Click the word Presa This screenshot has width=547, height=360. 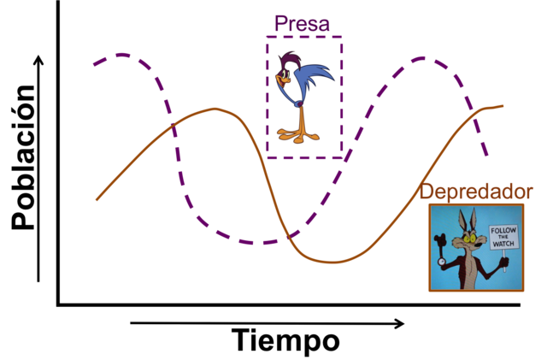pyautogui.click(x=302, y=24)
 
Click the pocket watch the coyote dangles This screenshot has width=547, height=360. pyautogui.click(x=442, y=257)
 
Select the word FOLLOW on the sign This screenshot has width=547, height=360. pyautogui.click(x=503, y=230)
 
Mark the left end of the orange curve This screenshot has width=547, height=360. pyautogui.click(x=95, y=200)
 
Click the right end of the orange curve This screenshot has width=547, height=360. pyautogui.click(x=504, y=106)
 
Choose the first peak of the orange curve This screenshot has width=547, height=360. pyautogui.click(x=213, y=109)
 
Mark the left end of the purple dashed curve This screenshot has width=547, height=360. pyautogui.click(x=93, y=63)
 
